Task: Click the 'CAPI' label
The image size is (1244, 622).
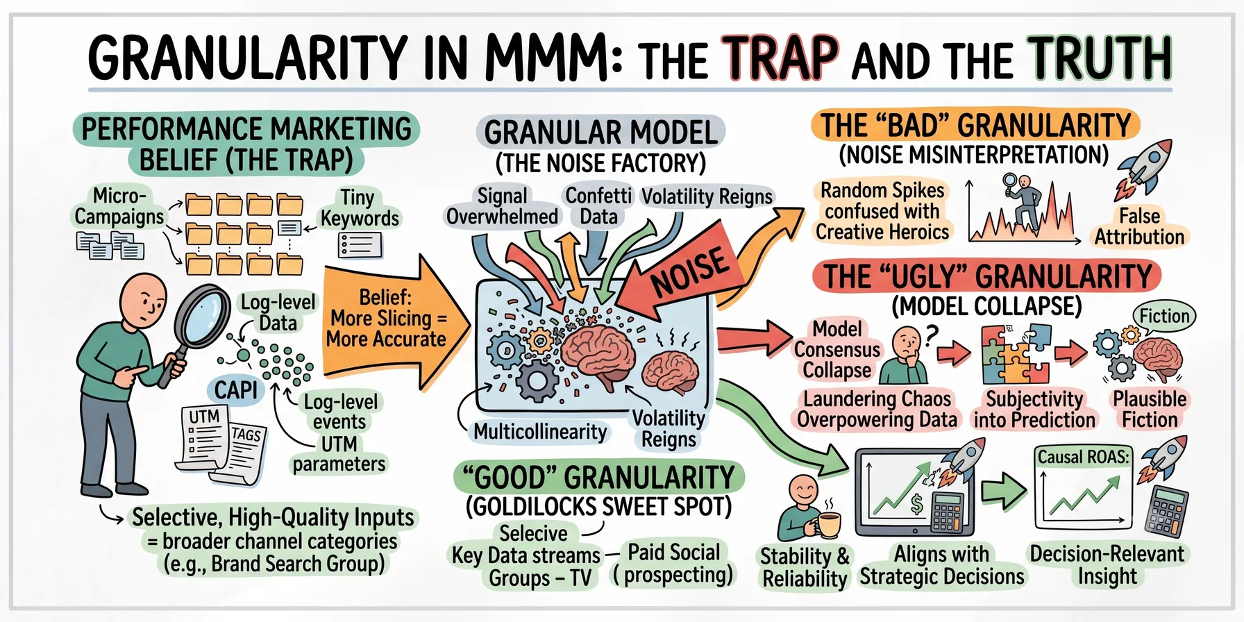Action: [x=236, y=390]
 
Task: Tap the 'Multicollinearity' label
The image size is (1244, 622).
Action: [x=540, y=432]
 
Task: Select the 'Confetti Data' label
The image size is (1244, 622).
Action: [x=598, y=206]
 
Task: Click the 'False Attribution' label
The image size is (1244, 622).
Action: [x=1139, y=227]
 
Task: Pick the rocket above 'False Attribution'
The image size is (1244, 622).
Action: [x=1145, y=167]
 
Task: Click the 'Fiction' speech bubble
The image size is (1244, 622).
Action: [x=1164, y=317]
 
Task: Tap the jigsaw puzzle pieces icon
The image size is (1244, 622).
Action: [x=1016, y=355]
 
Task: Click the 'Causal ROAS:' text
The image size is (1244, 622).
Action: [x=1083, y=457]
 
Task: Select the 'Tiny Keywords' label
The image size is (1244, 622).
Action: [x=360, y=208]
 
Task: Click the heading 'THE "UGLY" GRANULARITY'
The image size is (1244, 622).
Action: [x=986, y=276]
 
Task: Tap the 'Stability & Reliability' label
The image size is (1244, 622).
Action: [x=805, y=567]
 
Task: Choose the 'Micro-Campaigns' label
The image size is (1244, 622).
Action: [x=119, y=206]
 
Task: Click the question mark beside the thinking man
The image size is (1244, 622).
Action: [x=931, y=335]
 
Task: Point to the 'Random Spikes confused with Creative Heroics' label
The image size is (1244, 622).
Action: [x=882, y=211]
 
